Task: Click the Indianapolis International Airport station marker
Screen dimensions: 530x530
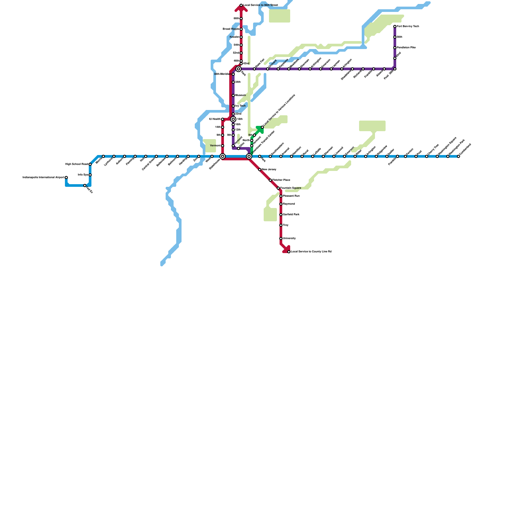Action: click(66, 178)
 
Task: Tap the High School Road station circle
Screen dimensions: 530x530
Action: click(90, 164)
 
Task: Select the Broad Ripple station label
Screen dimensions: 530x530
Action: click(231, 29)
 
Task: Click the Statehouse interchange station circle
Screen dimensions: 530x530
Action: click(223, 156)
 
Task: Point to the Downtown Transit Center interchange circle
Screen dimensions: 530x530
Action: click(249, 156)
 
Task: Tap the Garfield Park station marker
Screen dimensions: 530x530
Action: click(281, 215)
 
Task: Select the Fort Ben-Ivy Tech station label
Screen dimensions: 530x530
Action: click(408, 26)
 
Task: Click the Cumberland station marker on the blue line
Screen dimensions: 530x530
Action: click(458, 156)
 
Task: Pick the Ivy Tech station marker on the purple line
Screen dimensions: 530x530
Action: click(233, 106)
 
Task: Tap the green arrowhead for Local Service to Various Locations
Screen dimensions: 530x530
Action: click(260, 129)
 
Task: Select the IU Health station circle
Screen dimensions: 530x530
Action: click(223, 119)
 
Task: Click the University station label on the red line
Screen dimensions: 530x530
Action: click(289, 238)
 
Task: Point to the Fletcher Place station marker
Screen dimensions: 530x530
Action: click(270, 180)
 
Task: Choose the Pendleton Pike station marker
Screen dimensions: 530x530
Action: click(395, 48)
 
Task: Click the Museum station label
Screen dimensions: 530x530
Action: click(240, 95)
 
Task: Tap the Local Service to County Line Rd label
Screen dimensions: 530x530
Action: click(311, 252)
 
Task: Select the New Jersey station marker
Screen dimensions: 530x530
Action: click(260, 170)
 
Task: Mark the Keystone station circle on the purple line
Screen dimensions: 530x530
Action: click(278, 69)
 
